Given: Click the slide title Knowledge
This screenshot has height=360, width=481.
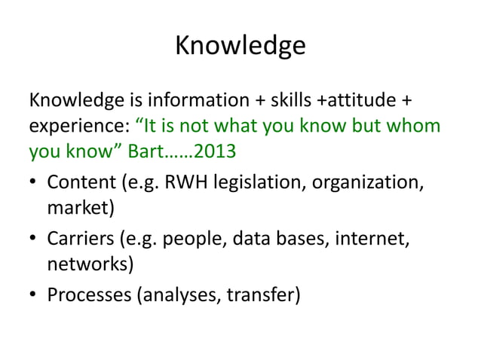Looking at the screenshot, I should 240,46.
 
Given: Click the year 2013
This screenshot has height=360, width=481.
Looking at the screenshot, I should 216,153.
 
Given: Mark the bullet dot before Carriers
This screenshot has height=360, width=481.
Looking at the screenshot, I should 35,240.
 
